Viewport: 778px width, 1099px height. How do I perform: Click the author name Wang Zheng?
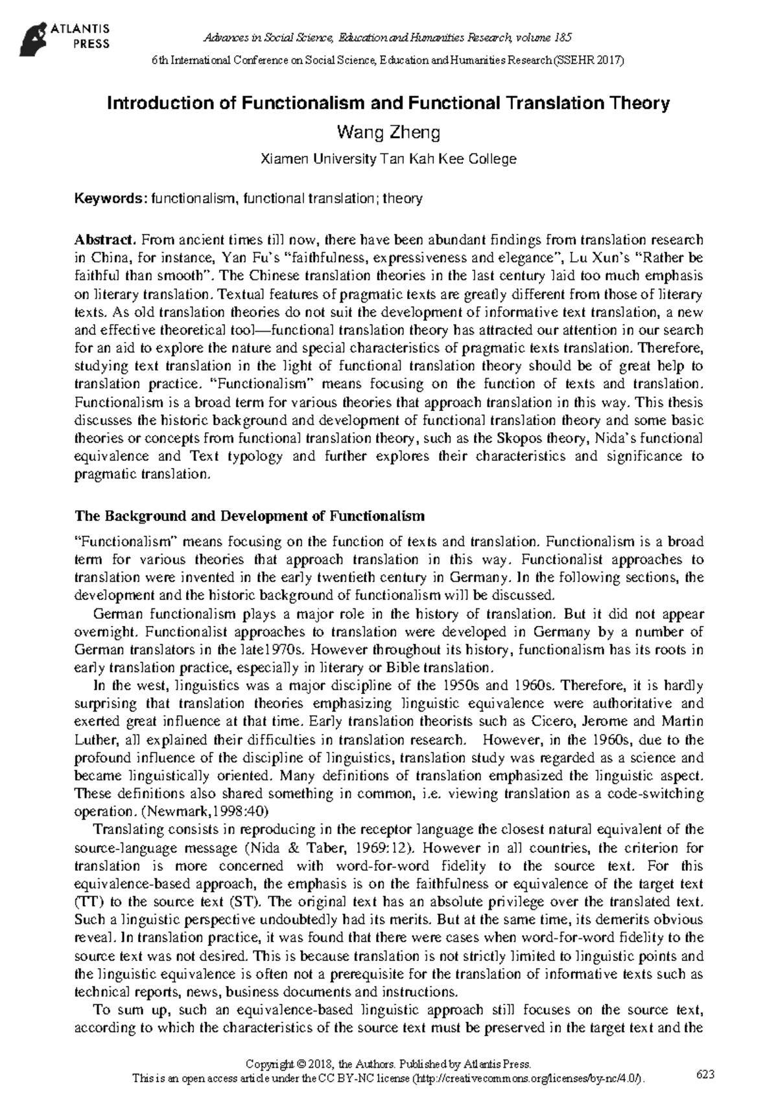388,133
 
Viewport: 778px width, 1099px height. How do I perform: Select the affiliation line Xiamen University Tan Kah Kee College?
388,159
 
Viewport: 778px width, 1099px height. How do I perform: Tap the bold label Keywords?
111,199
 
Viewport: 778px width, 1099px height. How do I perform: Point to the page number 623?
705,1074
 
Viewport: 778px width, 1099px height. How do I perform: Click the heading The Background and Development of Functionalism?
250,516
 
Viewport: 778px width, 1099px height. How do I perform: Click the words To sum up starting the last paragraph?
123,1010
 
